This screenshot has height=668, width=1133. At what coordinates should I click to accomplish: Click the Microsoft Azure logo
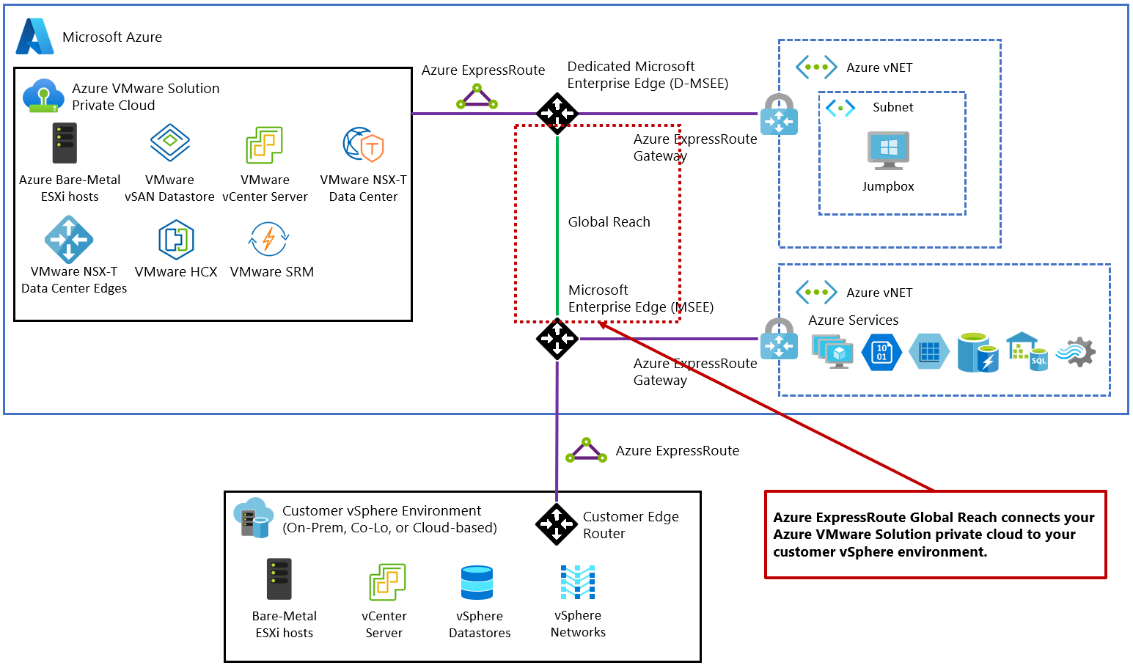pos(34,37)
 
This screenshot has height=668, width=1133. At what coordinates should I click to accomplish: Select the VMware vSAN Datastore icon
pos(169,143)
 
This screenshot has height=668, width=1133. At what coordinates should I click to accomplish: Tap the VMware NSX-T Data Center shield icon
pos(364,144)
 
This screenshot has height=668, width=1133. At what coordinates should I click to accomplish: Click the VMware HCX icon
pos(176,240)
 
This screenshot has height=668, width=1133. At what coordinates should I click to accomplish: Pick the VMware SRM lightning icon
pos(269,239)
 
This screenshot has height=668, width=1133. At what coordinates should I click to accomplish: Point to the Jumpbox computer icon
pos(888,150)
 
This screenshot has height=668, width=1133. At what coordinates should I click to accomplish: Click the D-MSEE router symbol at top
pos(557,114)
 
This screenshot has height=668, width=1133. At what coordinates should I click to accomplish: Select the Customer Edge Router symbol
pos(557,524)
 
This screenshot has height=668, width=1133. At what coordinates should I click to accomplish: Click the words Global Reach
pos(609,222)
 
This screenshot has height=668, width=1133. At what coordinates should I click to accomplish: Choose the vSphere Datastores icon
pos(477,583)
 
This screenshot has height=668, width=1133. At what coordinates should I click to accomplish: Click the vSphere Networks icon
pos(578,582)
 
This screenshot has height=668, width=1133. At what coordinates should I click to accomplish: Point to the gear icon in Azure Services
pos(1077,353)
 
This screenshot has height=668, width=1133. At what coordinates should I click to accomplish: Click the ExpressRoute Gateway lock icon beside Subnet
pos(779,115)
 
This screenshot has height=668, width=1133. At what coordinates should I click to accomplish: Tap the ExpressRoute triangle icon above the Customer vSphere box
pos(586,450)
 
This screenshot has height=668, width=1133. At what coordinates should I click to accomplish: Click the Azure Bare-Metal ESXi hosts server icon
pos(65,143)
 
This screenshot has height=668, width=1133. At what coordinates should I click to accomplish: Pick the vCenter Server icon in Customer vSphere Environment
pos(387,582)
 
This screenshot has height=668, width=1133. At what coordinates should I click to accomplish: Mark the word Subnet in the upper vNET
pos(892,107)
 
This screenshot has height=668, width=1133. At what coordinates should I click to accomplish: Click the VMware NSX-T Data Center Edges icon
pos(69,239)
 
